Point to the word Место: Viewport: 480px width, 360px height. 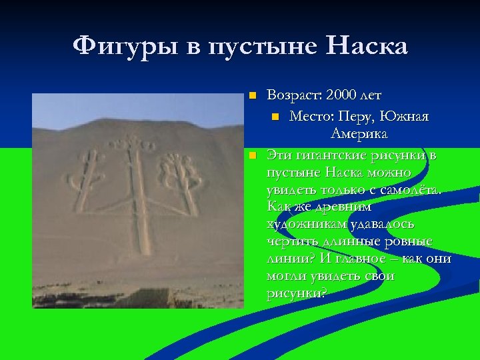[311, 117]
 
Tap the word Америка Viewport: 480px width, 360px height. [359, 135]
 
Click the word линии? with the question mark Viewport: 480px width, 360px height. [287, 259]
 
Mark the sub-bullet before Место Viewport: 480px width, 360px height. [275, 116]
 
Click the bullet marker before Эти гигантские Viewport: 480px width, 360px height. [251, 155]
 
